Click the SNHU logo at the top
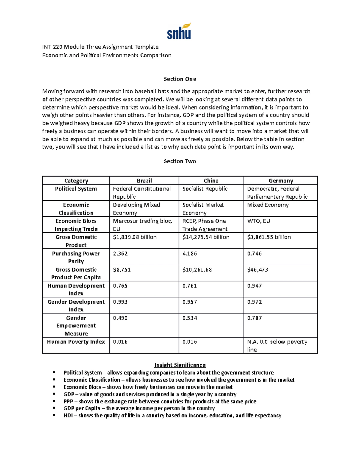[179, 32]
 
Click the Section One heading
[180, 79]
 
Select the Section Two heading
[180, 161]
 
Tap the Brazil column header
[144, 181]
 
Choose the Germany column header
[280, 181]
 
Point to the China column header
[211, 181]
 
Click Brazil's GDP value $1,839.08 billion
[135, 237]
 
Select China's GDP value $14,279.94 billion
[206, 237]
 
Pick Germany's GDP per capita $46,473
[257, 270]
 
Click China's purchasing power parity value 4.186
[190, 254]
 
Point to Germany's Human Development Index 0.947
[254, 286]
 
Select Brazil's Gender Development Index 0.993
[120, 302]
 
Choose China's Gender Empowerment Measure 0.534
[190, 318]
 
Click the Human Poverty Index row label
[76, 342]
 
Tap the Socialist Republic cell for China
[205, 189]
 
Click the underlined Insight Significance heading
[180, 365]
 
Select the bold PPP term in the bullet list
[68, 401]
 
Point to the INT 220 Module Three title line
[100, 47]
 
